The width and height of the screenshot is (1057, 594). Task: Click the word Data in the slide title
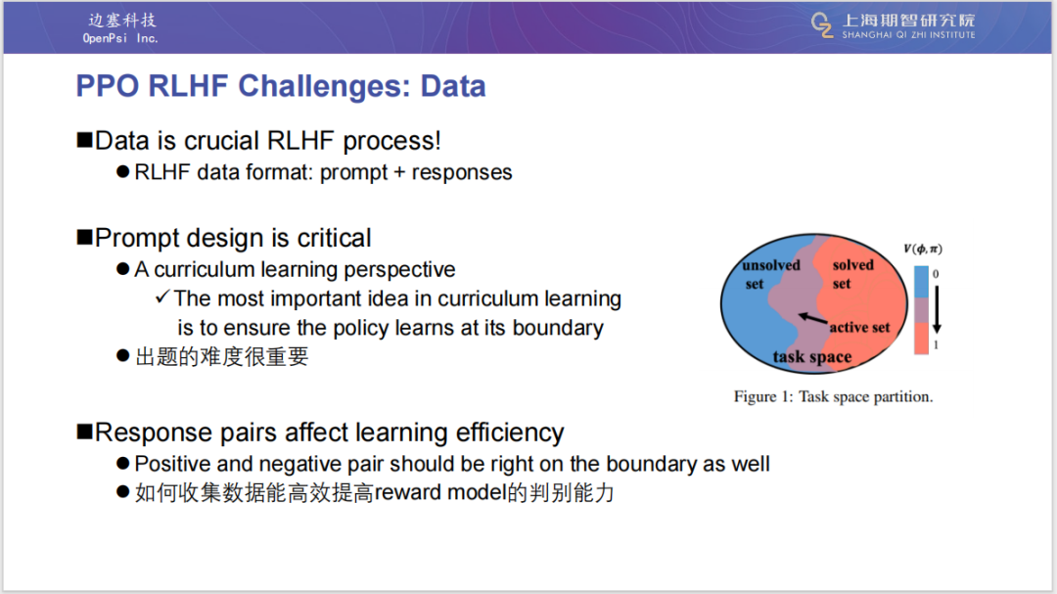pyautogui.click(x=453, y=86)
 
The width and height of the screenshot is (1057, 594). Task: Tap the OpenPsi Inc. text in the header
pyautogui.click(x=120, y=38)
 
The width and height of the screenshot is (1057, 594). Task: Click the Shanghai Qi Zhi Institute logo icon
pyautogui.click(x=822, y=24)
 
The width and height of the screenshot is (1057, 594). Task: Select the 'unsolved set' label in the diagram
pyautogui.click(x=770, y=274)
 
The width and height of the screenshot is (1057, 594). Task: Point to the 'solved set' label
pyautogui.click(x=852, y=274)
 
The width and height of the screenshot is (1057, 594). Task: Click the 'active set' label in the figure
pyautogui.click(x=859, y=328)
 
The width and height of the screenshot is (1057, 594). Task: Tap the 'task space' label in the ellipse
pyautogui.click(x=811, y=356)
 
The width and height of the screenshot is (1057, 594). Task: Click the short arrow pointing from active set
pyautogui.click(x=813, y=318)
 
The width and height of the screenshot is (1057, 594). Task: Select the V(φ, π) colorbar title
pyautogui.click(x=923, y=249)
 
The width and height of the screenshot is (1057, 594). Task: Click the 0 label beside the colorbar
pyautogui.click(x=936, y=274)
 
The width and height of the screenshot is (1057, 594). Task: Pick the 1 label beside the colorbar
pyautogui.click(x=936, y=345)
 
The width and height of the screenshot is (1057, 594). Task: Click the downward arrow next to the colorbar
pyautogui.click(x=937, y=309)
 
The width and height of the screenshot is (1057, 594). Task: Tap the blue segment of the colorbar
pyautogui.click(x=921, y=282)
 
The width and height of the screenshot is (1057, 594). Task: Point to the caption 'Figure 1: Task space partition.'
pyautogui.click(x=833, y=396)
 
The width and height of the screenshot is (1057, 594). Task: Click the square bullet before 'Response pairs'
pyautogui.click(x=84, y=432)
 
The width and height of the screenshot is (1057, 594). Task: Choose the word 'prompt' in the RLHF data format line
pyautogui.click(x=353, y=173)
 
